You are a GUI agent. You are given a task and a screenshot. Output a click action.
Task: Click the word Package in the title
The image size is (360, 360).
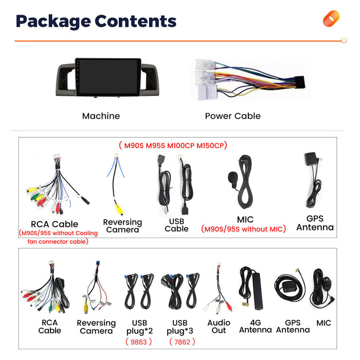point(53,21)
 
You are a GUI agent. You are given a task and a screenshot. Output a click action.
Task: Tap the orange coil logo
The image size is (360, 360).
point(331,19)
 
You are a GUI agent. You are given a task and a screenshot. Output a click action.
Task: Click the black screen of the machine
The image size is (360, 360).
point(108,77)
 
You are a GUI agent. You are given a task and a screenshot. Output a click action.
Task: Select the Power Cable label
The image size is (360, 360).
point(232,116)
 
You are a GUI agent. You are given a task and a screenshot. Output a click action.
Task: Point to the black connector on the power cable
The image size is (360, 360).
point(299,82)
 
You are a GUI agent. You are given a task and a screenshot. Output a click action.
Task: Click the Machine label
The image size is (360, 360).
point(101,116)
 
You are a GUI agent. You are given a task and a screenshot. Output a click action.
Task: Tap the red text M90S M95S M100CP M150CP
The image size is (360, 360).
point(173,146)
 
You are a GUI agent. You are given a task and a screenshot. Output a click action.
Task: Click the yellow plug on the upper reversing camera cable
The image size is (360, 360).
point(119,209)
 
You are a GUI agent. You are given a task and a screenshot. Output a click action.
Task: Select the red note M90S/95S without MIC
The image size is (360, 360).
point(243,229)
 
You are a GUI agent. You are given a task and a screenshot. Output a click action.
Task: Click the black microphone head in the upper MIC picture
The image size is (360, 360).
point(232,177)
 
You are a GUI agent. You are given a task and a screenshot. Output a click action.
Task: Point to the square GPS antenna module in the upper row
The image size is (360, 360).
point(311,158)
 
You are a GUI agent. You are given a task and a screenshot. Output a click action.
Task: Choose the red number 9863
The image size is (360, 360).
point(139,342)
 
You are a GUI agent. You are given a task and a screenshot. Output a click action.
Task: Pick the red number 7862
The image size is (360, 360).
point(182,342)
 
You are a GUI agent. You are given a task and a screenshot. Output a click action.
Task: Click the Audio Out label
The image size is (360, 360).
point(219,327)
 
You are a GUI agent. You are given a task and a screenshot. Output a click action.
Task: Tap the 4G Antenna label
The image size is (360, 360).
point(255,326)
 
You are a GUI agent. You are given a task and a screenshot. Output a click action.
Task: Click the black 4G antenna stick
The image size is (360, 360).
point(258,291)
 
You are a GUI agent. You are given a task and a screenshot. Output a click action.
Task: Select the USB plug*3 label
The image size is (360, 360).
point(180,327)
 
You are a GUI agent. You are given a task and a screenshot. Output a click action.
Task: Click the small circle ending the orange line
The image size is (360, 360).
point(344,41)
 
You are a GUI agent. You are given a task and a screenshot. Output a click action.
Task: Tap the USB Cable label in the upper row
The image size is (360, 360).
point(176,225)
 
